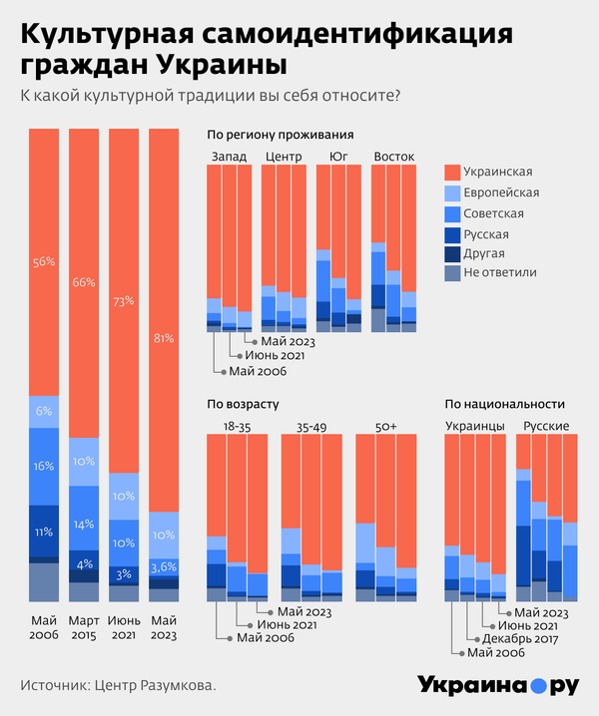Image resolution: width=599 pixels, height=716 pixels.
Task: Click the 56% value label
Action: [x=43, y=262]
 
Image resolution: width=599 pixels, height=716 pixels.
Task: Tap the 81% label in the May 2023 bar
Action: [x=163, y=336]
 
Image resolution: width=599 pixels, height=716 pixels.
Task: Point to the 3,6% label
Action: [x=163, y=567]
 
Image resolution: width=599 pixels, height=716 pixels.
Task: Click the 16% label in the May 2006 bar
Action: [x=43, y=466]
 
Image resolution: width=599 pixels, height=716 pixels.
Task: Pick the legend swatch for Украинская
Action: [x=450, y=172]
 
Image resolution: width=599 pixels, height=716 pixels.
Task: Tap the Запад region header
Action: [x=229, y=157]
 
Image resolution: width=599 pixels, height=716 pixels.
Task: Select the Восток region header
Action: [x=393, y=157]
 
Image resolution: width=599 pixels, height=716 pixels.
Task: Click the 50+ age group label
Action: [x=384, y=426]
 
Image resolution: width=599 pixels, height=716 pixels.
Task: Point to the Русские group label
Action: [x=546, y=426]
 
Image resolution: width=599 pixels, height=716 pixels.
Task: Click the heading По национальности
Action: [x=505, y=404]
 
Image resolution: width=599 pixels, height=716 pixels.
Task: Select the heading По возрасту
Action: [x=243, y=404]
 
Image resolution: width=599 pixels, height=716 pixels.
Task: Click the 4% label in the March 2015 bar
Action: [x=83, y=563]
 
